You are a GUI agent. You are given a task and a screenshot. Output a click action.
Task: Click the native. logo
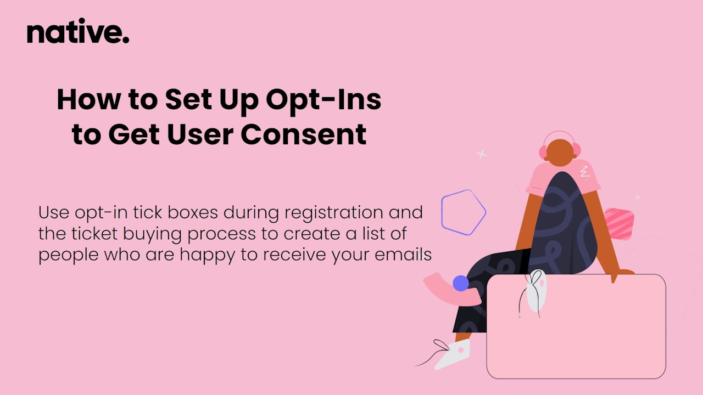point(78,31)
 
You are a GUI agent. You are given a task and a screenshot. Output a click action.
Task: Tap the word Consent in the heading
point(304,134)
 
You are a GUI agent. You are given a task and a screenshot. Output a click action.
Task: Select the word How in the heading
point(89,99)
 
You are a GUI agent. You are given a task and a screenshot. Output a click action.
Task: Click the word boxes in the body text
point(193,212)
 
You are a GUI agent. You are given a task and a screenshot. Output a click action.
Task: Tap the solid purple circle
point(461,283)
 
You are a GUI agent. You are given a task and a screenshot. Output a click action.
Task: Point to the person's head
point(560,153)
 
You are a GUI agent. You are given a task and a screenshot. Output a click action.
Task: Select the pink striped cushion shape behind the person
point(620,223)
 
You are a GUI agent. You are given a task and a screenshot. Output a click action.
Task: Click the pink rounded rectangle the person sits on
point(576,326)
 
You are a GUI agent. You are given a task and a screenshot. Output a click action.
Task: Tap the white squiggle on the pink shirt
point(584,172)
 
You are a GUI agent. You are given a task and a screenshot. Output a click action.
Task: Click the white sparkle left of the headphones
point(482,154)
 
